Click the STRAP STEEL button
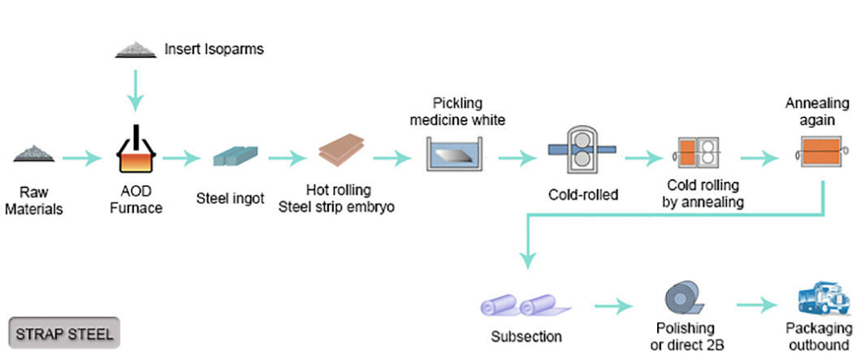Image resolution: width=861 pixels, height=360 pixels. coord(64,332)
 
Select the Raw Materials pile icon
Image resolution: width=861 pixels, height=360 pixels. coord(34,154)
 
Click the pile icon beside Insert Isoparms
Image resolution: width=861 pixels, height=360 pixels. coord(136,50)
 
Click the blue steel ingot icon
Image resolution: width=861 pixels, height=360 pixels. coord(235,155)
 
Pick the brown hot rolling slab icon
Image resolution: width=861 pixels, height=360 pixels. coord(341,150)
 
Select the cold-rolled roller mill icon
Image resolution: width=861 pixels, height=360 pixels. coord(582,149)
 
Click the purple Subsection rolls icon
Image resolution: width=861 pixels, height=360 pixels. coord(526,306)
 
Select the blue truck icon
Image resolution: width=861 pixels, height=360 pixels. coord(823,298)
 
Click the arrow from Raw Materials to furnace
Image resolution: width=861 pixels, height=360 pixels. coord(82,158)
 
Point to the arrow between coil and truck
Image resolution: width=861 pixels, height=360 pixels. coord(757,305)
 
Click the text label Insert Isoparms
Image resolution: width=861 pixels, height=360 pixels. coord(214,49)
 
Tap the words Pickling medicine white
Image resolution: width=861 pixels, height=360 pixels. coord(457,111)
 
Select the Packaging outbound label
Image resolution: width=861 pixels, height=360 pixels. coord(818,337)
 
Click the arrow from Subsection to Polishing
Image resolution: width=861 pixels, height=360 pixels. coord(612,306)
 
